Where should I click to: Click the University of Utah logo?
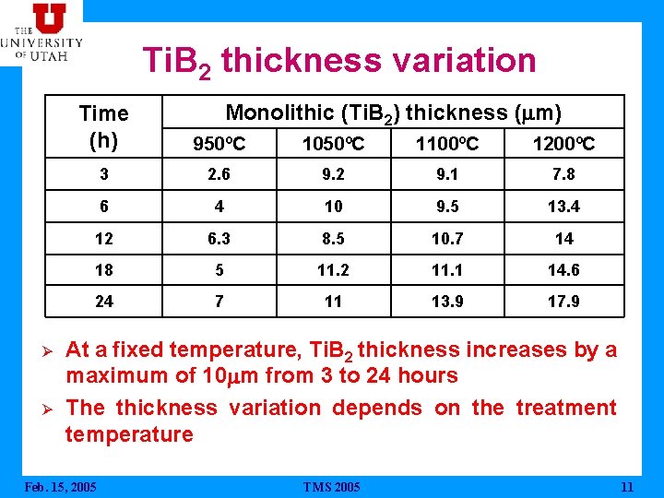point(41,31)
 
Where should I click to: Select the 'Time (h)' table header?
point(103,127)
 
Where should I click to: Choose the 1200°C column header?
point(563,144)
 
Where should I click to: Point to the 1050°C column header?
point(333,144)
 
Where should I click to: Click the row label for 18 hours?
point(103,270)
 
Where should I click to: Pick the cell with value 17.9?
point(563,302)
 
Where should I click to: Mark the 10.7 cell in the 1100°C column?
point(448,239)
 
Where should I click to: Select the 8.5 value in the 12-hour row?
point(333,239)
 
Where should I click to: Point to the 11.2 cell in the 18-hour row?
point(333,270)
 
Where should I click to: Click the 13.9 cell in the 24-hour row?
point(448,302)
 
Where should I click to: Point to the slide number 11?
point(627,487)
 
